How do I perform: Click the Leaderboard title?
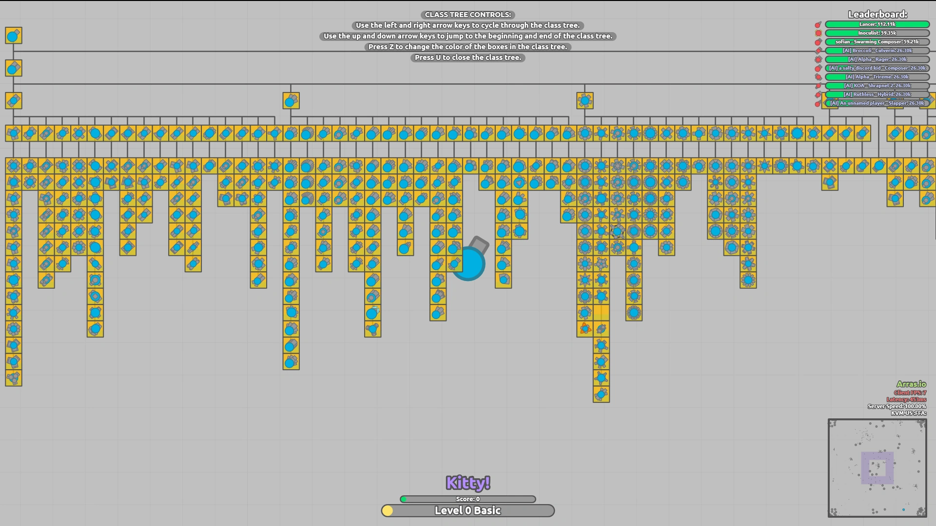(877, 15)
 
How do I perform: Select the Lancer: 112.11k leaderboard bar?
(877, 24)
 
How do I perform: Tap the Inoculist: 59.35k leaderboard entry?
(877, 33)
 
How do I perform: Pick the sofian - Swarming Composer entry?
(877, 42)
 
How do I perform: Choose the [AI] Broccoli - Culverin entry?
(877, 51)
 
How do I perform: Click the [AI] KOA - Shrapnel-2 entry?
(877, 86)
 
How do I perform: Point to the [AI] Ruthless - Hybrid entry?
(877, 94)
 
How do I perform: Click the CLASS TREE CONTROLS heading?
(468, 15)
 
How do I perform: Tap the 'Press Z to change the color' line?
(468, 47)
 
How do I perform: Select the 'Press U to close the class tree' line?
(468, 57)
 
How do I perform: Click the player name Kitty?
(468, 483)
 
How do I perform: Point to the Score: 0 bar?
(468, 499)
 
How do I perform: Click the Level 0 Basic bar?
(468, 510)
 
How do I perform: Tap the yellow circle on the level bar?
(388, 510)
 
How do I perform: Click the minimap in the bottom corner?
(877, 468)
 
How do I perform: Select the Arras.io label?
(911, 384)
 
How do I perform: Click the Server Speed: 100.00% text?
(897, 406)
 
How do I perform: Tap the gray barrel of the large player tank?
(479, 244)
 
